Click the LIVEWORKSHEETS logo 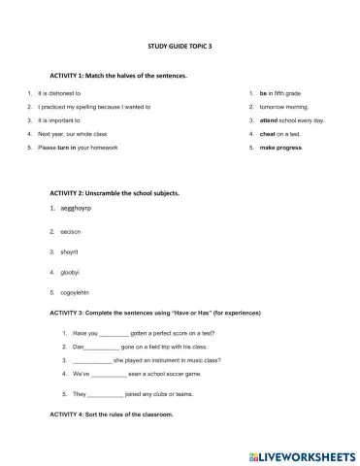302,453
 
